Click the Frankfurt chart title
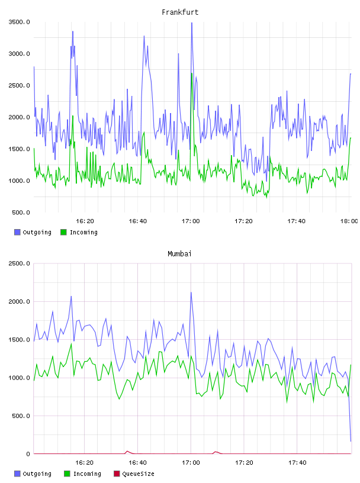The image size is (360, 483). point(180,12)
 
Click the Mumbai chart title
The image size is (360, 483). point(179,254)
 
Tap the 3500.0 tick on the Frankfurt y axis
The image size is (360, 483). point(20,22)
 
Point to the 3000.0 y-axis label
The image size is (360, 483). point(20,54)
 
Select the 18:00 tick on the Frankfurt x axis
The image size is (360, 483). point(349,221)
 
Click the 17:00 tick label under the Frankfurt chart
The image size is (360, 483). point(191,221)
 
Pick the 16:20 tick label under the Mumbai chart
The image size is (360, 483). point(85,462)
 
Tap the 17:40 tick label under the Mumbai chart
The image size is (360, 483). point(297,462)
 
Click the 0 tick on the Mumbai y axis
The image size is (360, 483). point(28,454)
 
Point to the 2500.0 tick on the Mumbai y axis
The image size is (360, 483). point(20,263)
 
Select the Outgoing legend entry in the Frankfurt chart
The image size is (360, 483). point(33,232)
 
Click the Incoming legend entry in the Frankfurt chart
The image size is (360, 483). point(79,232)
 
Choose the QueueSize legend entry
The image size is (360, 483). point(134,474)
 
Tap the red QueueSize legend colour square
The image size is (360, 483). point(117,474)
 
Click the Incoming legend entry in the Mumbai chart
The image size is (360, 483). point(83,474)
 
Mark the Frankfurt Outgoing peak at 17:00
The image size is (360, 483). point(192,23)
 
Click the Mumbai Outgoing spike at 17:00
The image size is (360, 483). point(191,292)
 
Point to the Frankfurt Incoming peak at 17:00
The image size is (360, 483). point(191,73)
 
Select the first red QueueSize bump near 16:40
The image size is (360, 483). point(127,452)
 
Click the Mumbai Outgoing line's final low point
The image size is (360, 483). point(351,441)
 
